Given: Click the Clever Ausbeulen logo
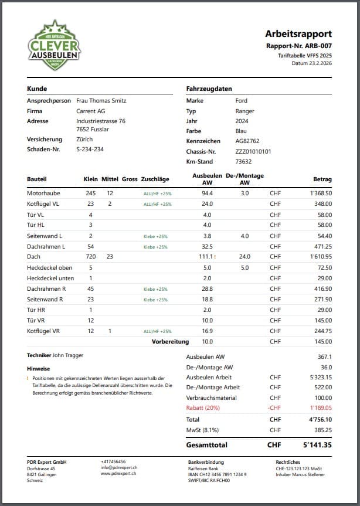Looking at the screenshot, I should (55, 45).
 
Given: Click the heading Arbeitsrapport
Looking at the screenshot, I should (298, 33).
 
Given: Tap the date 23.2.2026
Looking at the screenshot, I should (320, 63).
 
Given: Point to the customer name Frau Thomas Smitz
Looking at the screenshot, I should (101, 101).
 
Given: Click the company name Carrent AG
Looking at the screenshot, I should (90, 111).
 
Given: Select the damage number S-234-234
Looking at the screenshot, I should (90, 149).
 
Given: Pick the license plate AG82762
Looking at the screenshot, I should (247, 141).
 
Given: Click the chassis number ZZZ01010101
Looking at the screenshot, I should (253, 151).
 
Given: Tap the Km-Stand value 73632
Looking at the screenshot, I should (243, 161).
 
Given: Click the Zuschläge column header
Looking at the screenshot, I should (155, 179).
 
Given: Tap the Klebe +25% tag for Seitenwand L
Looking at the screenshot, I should (155, 236).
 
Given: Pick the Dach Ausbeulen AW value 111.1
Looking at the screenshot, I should (206, 256).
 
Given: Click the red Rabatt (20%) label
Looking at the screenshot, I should (205, 407).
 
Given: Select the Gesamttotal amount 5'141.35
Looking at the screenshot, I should (317, 445).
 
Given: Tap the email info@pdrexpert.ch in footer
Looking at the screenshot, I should (119, 467).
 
